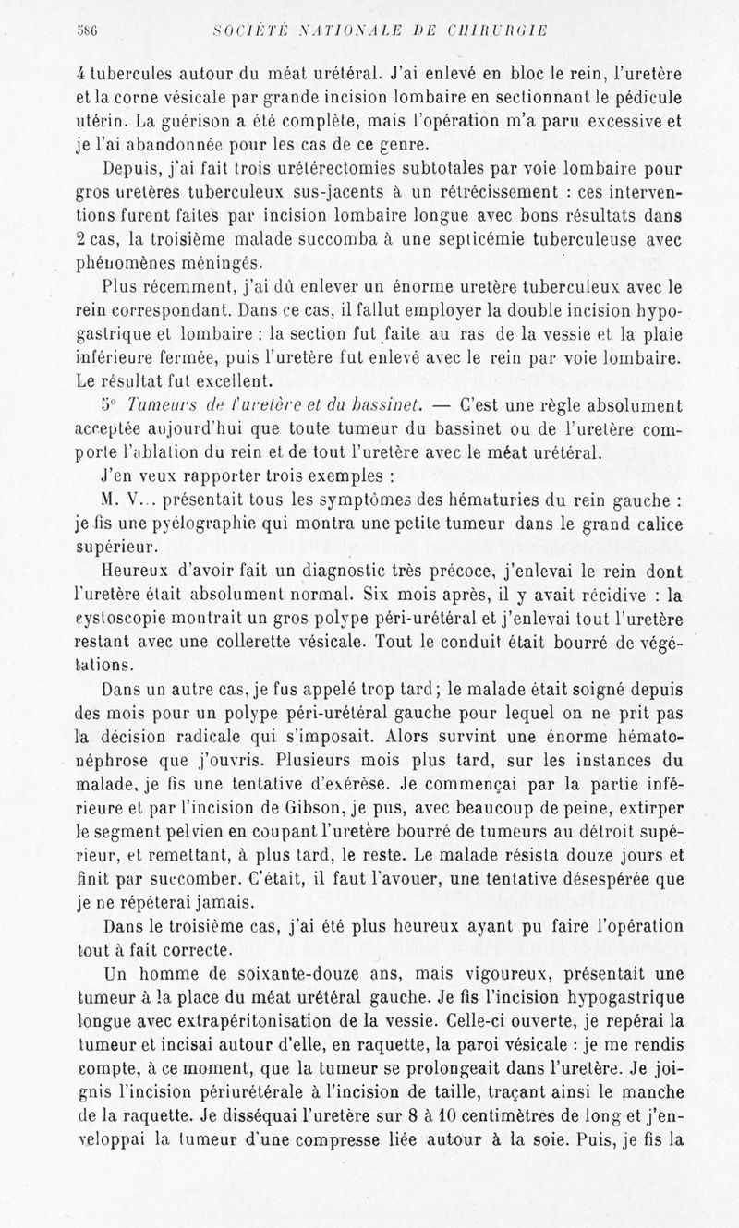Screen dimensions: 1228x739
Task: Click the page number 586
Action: pyautogui.click(x=88, y=30)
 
